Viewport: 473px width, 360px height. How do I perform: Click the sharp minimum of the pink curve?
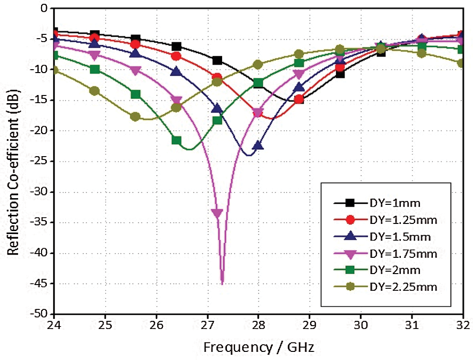pyautogui.click(x=222, y=283)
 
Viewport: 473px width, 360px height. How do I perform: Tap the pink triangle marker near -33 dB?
pyautogui.click(x=217, y=213)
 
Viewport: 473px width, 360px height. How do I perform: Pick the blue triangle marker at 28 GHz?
pyautogui.click(x=258, y=146)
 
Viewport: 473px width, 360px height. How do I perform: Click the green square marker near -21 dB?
pyautogui.click(x=176, y=140)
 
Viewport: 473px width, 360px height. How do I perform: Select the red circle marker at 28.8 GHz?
pyautogui.click(x=299, y=99)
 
